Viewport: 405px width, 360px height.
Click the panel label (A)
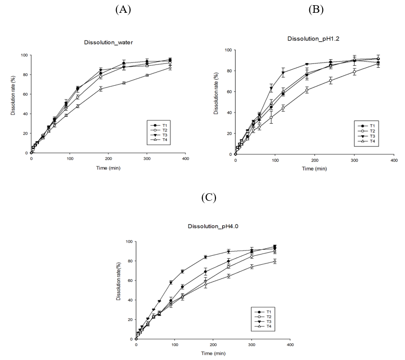[123, 9]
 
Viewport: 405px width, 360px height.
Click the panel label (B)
[316, 9]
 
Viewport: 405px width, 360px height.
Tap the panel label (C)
[208, 198]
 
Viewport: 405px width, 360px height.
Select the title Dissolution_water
[105, 42]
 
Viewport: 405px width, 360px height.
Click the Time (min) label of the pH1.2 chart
[314, 168]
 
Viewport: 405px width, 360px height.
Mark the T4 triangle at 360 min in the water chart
[170, 68]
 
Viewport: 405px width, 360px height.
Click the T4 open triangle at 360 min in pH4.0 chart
[275, 261]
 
